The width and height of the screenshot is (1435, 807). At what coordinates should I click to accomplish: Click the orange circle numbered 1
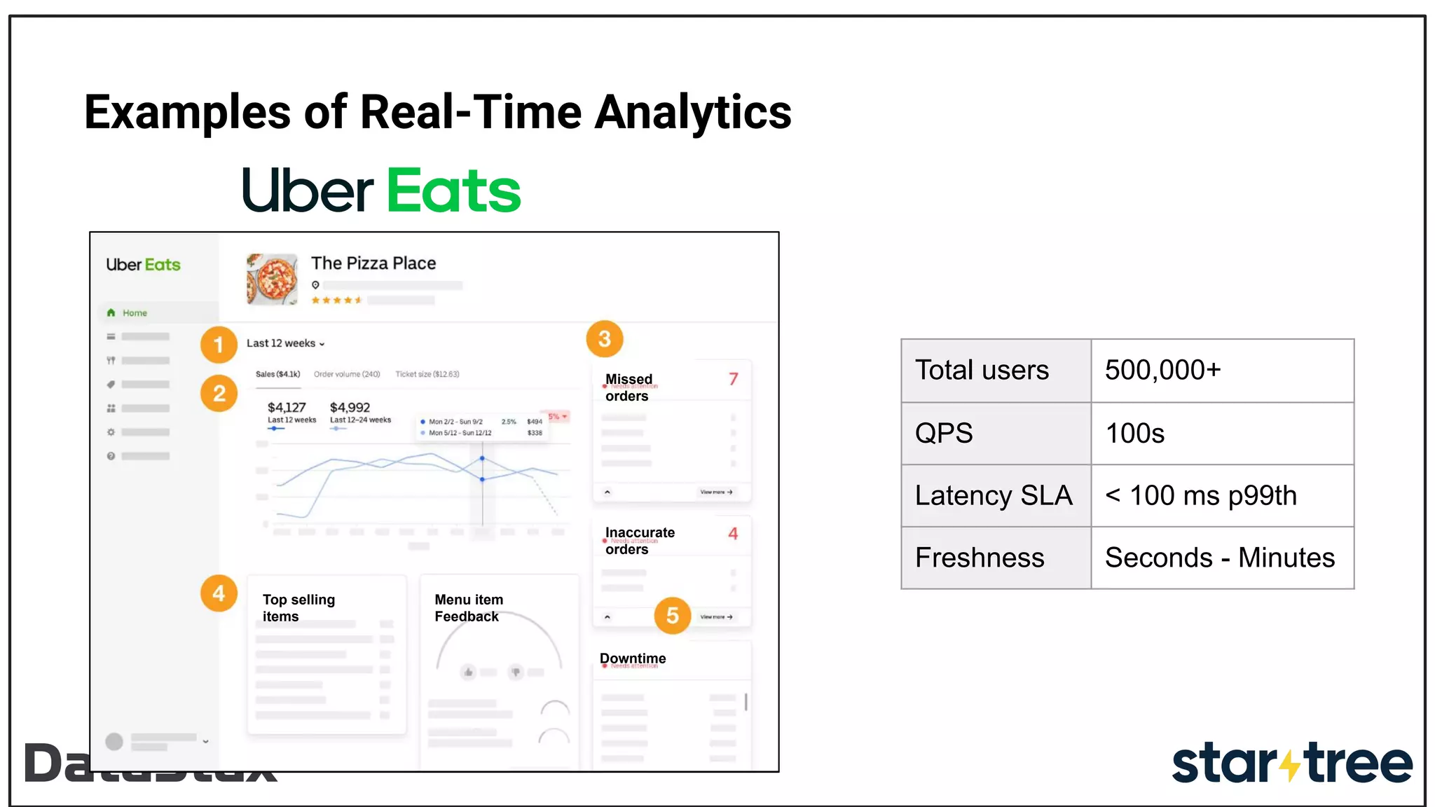click(x=219, y=345)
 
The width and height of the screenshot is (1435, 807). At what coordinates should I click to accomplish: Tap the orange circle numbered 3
click(x=604, y=339)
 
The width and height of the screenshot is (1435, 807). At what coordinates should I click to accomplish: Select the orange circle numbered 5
click(x=672, y=616)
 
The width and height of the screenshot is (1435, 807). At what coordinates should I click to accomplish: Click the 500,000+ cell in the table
click(x=1222, y=371)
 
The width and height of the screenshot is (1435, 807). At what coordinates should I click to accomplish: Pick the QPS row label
click(x=944, y=433)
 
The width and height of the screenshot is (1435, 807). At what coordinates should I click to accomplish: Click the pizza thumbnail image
click(x=273, y=279)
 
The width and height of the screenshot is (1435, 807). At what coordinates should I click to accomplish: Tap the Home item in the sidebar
click(x=135, y=313)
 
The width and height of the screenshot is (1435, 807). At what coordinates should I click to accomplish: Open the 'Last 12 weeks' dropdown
click(x=285, y=343)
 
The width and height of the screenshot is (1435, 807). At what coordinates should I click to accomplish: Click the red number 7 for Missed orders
click(x=733, y=379)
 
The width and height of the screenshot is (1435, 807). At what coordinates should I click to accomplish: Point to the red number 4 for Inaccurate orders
click(x=733, y=534)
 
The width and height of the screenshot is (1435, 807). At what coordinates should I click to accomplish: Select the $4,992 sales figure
click(x=350, y=407)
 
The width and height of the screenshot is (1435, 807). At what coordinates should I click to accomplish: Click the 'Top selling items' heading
click(x=298, y=608)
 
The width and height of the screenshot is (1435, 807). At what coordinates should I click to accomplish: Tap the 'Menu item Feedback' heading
click(x=469, y=608)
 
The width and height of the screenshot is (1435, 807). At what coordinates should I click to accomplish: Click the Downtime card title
click(x=633, y=658)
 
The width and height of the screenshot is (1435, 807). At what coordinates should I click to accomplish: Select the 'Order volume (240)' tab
click(x=347, y=374)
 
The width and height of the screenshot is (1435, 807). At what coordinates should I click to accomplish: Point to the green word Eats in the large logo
click(x=453, y=191)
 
